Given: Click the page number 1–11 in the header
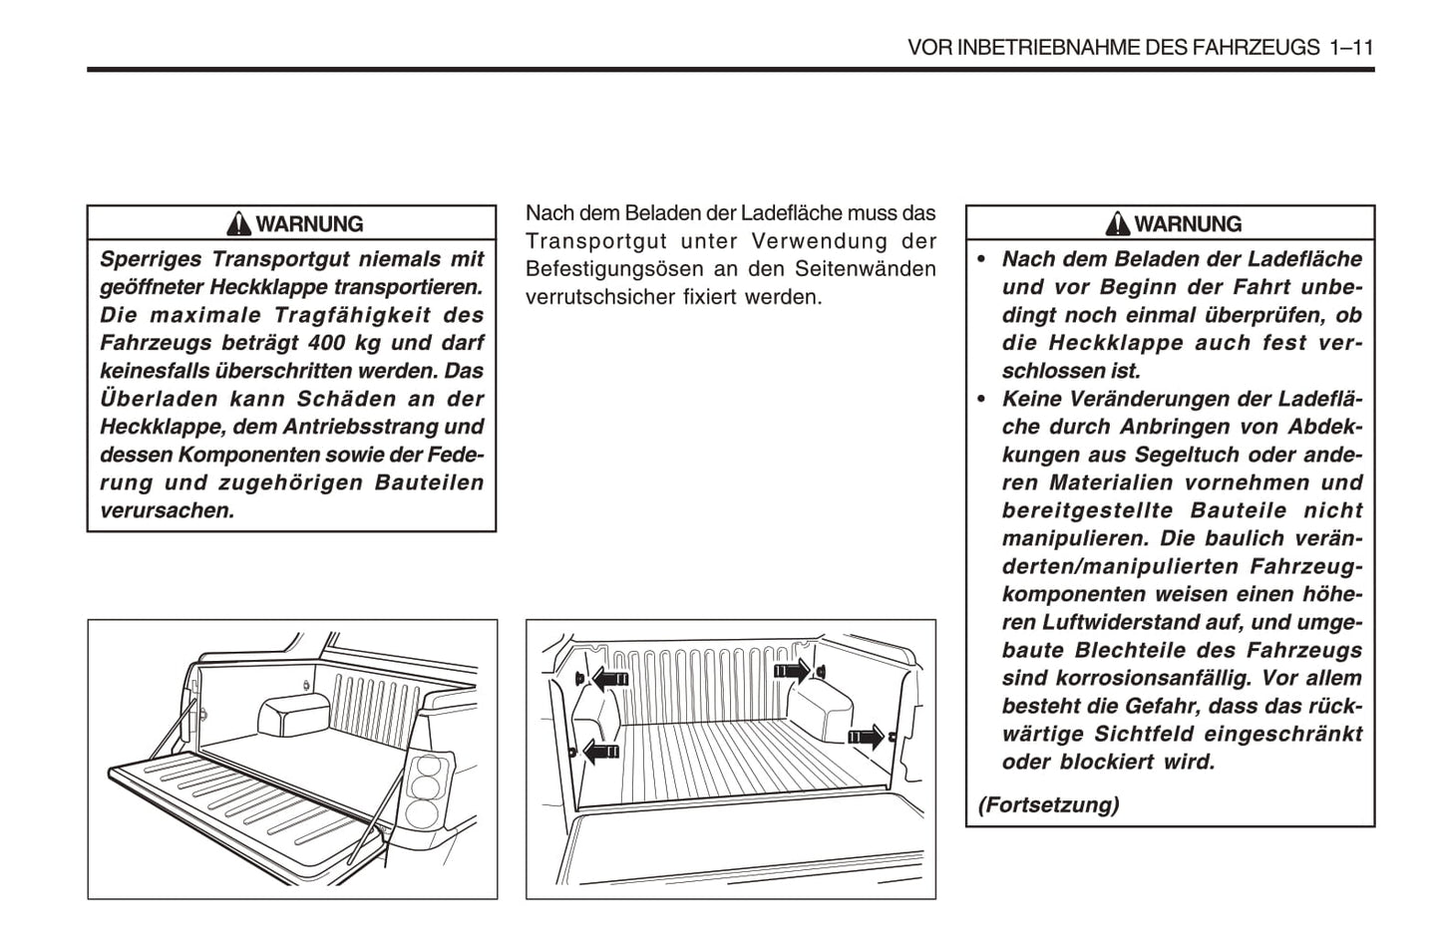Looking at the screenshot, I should (1351, 48).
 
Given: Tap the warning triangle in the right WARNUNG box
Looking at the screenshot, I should (1118, 223).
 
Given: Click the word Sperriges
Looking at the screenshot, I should (149, 259).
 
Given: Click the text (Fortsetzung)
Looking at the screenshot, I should (1048, 804).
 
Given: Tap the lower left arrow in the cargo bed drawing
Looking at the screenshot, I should (600, 751).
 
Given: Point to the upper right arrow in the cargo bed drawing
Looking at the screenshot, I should (794, 671).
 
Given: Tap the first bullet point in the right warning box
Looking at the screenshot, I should (981, 259).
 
